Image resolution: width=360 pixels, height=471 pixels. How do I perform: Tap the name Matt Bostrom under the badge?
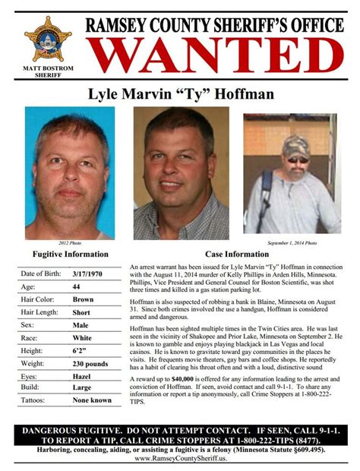tap(49, 71)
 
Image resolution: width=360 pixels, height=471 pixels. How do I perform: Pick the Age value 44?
tap(77, 287)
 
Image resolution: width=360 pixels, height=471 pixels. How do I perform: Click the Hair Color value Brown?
tap(83, 301)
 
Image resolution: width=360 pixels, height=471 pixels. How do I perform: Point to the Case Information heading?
tap(237, 254)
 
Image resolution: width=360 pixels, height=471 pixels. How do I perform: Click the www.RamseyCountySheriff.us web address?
tap(180, 459)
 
